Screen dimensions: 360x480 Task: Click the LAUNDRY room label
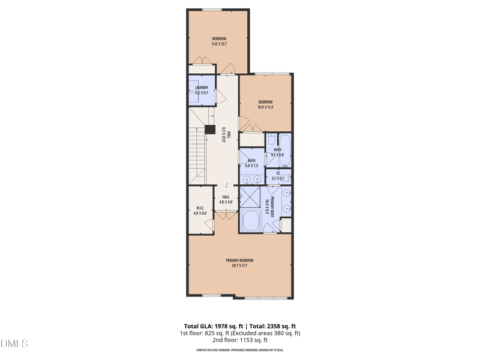[x=202, y=90]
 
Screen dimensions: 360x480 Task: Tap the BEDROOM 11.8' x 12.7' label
[x=219, y=41]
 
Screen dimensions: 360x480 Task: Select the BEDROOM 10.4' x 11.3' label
[x=265, y=104]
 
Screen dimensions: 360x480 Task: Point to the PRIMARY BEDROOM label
[x=239, y=263]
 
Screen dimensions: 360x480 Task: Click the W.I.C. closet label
[x=200, y=211]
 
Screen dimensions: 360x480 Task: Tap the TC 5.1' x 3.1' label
[x=278, y=176]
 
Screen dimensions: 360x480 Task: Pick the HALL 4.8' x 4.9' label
[x=226, y=199]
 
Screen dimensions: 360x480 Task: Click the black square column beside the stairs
[x=210, y=129]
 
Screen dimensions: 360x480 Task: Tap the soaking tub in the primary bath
[x=251, y=221]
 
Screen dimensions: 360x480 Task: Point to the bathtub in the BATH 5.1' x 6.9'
[x=284, y=145]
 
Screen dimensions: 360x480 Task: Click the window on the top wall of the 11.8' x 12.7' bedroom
[x=212, y=10]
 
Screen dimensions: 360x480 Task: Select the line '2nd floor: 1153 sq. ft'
[x=240, y=340]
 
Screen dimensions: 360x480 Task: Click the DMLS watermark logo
[x=14, y=344]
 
